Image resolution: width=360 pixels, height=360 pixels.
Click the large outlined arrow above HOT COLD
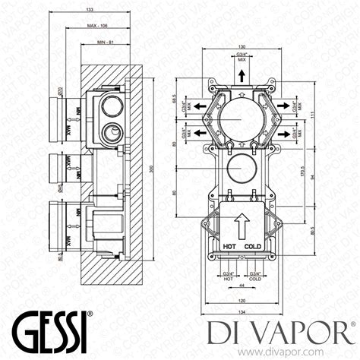point(242,226)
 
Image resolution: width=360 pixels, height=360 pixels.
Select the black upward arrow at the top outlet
point(241,74)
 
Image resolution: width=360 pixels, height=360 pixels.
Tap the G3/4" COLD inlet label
point(254,276)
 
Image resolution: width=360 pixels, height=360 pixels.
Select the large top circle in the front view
point(241,121)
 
